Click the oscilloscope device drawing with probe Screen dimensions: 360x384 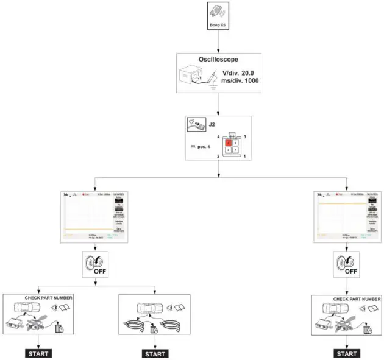pos(198,77)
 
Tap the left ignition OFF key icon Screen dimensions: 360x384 pos(93,266)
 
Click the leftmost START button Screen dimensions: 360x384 pos(38,353)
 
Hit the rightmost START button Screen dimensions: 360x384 pos(347,353)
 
